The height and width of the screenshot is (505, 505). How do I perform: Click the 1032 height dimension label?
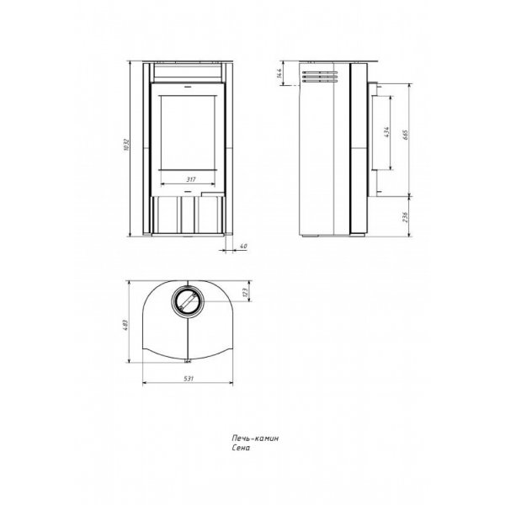click(x=126, y=145)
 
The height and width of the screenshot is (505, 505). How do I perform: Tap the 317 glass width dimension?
click(x=191, y=179)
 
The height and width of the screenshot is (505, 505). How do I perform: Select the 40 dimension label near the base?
click(x=244, y=247)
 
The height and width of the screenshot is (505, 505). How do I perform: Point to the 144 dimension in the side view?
click(x=279, y=73)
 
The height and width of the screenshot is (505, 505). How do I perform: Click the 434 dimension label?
click(x=387, y=132)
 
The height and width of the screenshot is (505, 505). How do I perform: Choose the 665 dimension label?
click(x=406, y=135)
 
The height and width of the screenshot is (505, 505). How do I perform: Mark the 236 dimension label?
click(x=406, y=217)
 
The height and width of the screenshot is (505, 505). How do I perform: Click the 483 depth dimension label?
click(x=126, y=325)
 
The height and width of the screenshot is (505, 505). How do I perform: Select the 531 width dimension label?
click(x=189, y=379)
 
